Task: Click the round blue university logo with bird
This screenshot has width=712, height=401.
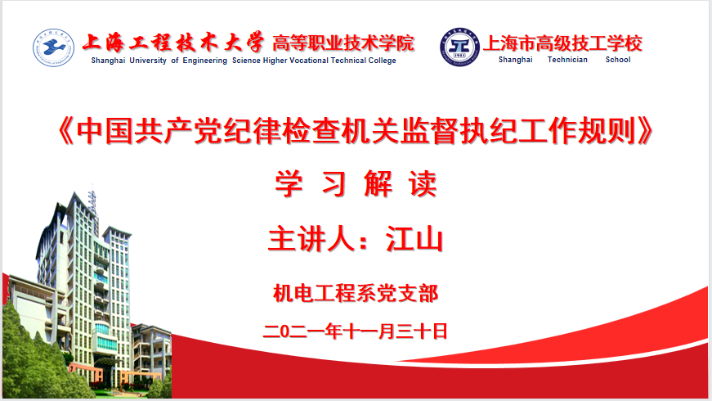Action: coord(53,47)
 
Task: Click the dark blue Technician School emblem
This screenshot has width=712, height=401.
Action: coord(459,47)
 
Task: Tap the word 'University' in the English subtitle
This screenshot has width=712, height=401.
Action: coord(148,61)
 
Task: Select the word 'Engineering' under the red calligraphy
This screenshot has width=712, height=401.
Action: coord(205,61)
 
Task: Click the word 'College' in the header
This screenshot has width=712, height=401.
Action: coord(382,61)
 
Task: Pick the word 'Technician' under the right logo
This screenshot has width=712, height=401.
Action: coord(567,60)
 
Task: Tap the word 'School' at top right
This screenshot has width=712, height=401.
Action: coord(618,60)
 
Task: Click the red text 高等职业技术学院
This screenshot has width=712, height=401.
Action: coord(343,43)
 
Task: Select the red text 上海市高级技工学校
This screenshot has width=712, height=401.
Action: coord(562,43)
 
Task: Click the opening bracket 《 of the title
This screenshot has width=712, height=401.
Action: coord(65,131)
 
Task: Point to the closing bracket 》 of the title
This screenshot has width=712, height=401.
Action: coord(645,131)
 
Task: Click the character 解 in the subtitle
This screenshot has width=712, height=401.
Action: coord(378,183)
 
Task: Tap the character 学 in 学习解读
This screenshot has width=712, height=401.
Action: coord(289,183)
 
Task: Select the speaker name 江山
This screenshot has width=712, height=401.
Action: coord(414,239)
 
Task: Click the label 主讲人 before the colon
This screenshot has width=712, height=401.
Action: coord(311,239)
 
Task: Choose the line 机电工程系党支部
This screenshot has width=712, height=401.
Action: coord(356,293)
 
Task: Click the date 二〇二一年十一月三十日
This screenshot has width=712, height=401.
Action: coord(356,331)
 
